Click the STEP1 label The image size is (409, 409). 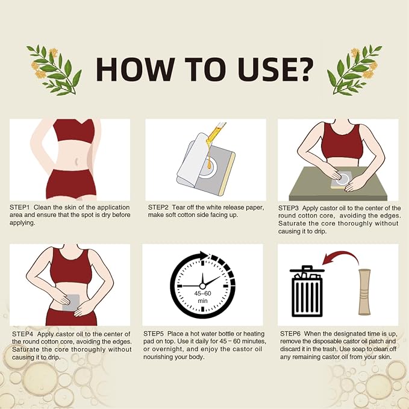(x=20, y=208)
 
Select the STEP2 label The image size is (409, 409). (x=158, y=207)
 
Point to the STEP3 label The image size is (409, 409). (x=289, y=208)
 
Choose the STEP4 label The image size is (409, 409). (x=22, y=334)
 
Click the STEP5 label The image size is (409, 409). (x=154, y=334)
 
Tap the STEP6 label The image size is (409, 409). (x=290, y=334)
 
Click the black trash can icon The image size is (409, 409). (x=307, y=291)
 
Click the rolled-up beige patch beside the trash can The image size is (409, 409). (x=364, y=292)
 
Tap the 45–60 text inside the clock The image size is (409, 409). (x=202, y=293)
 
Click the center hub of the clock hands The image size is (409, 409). (x=202, y=286)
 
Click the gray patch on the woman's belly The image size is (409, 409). (x=71, y=302)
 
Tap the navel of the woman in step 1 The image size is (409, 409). (x=76, y=161)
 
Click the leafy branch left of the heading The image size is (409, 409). (x=54, y=70)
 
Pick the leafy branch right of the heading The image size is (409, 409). (x=354, y=70)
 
